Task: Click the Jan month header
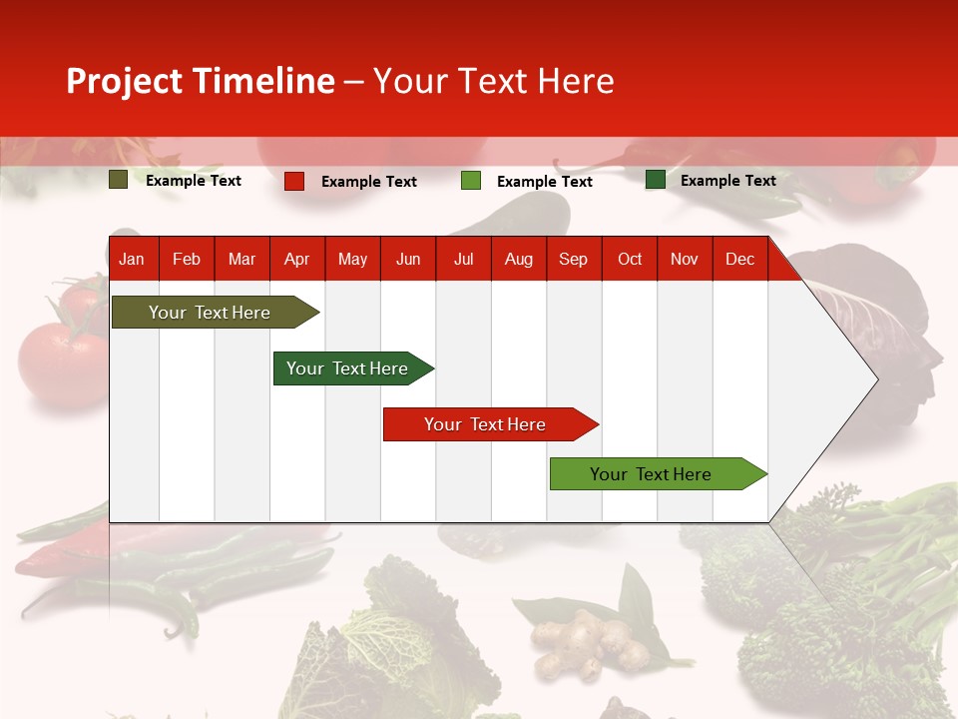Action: [132, 259]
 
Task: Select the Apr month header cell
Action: [297, 259]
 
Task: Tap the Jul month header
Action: [463, 259]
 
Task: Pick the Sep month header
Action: [573, 259]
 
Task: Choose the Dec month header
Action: [739, 259]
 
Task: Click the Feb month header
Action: [187, 259]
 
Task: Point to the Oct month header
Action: [630, 259]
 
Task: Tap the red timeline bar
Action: [486, 424]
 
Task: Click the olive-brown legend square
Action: [119, 180]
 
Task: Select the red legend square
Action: [294, 181]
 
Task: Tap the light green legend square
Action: [471, 181]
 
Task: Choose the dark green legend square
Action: [656, 180]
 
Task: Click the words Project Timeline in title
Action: [201, 81]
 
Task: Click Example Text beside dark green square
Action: [727, 180]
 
